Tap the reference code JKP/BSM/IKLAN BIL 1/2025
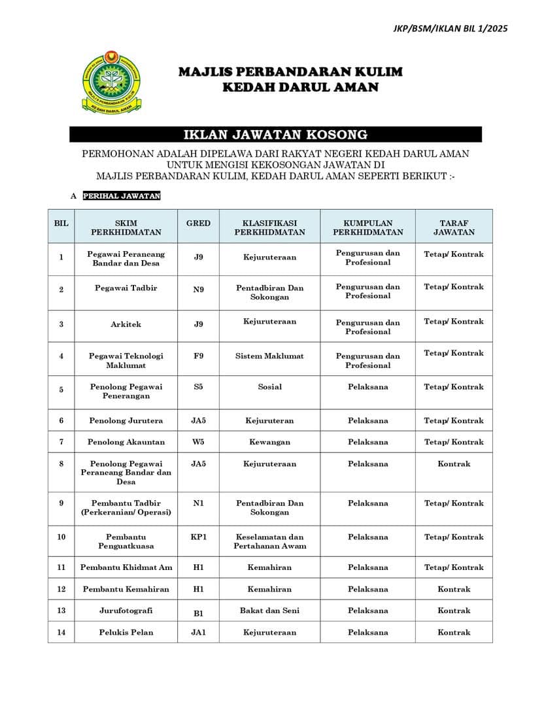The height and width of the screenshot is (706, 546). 451,28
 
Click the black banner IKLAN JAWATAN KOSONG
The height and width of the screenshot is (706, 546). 275,135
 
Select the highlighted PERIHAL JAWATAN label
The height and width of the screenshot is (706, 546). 122,196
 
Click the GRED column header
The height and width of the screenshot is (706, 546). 198,223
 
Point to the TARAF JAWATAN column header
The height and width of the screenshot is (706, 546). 454,227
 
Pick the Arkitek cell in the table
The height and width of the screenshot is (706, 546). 126,324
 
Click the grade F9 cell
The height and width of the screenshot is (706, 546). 198,356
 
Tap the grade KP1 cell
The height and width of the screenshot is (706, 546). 198,537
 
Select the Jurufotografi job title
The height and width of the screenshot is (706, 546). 126,611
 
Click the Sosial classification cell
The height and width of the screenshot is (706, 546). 269,387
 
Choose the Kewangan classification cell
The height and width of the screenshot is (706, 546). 269,442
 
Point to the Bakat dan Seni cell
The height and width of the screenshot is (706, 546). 269,611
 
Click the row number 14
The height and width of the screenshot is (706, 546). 61,632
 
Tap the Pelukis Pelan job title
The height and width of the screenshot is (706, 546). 126,632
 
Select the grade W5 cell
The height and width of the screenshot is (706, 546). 198,442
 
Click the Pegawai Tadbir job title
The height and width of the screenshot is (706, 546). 126,288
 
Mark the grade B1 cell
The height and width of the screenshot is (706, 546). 198,612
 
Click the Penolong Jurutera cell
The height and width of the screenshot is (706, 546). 126,421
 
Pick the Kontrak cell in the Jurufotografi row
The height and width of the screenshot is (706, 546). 454,611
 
